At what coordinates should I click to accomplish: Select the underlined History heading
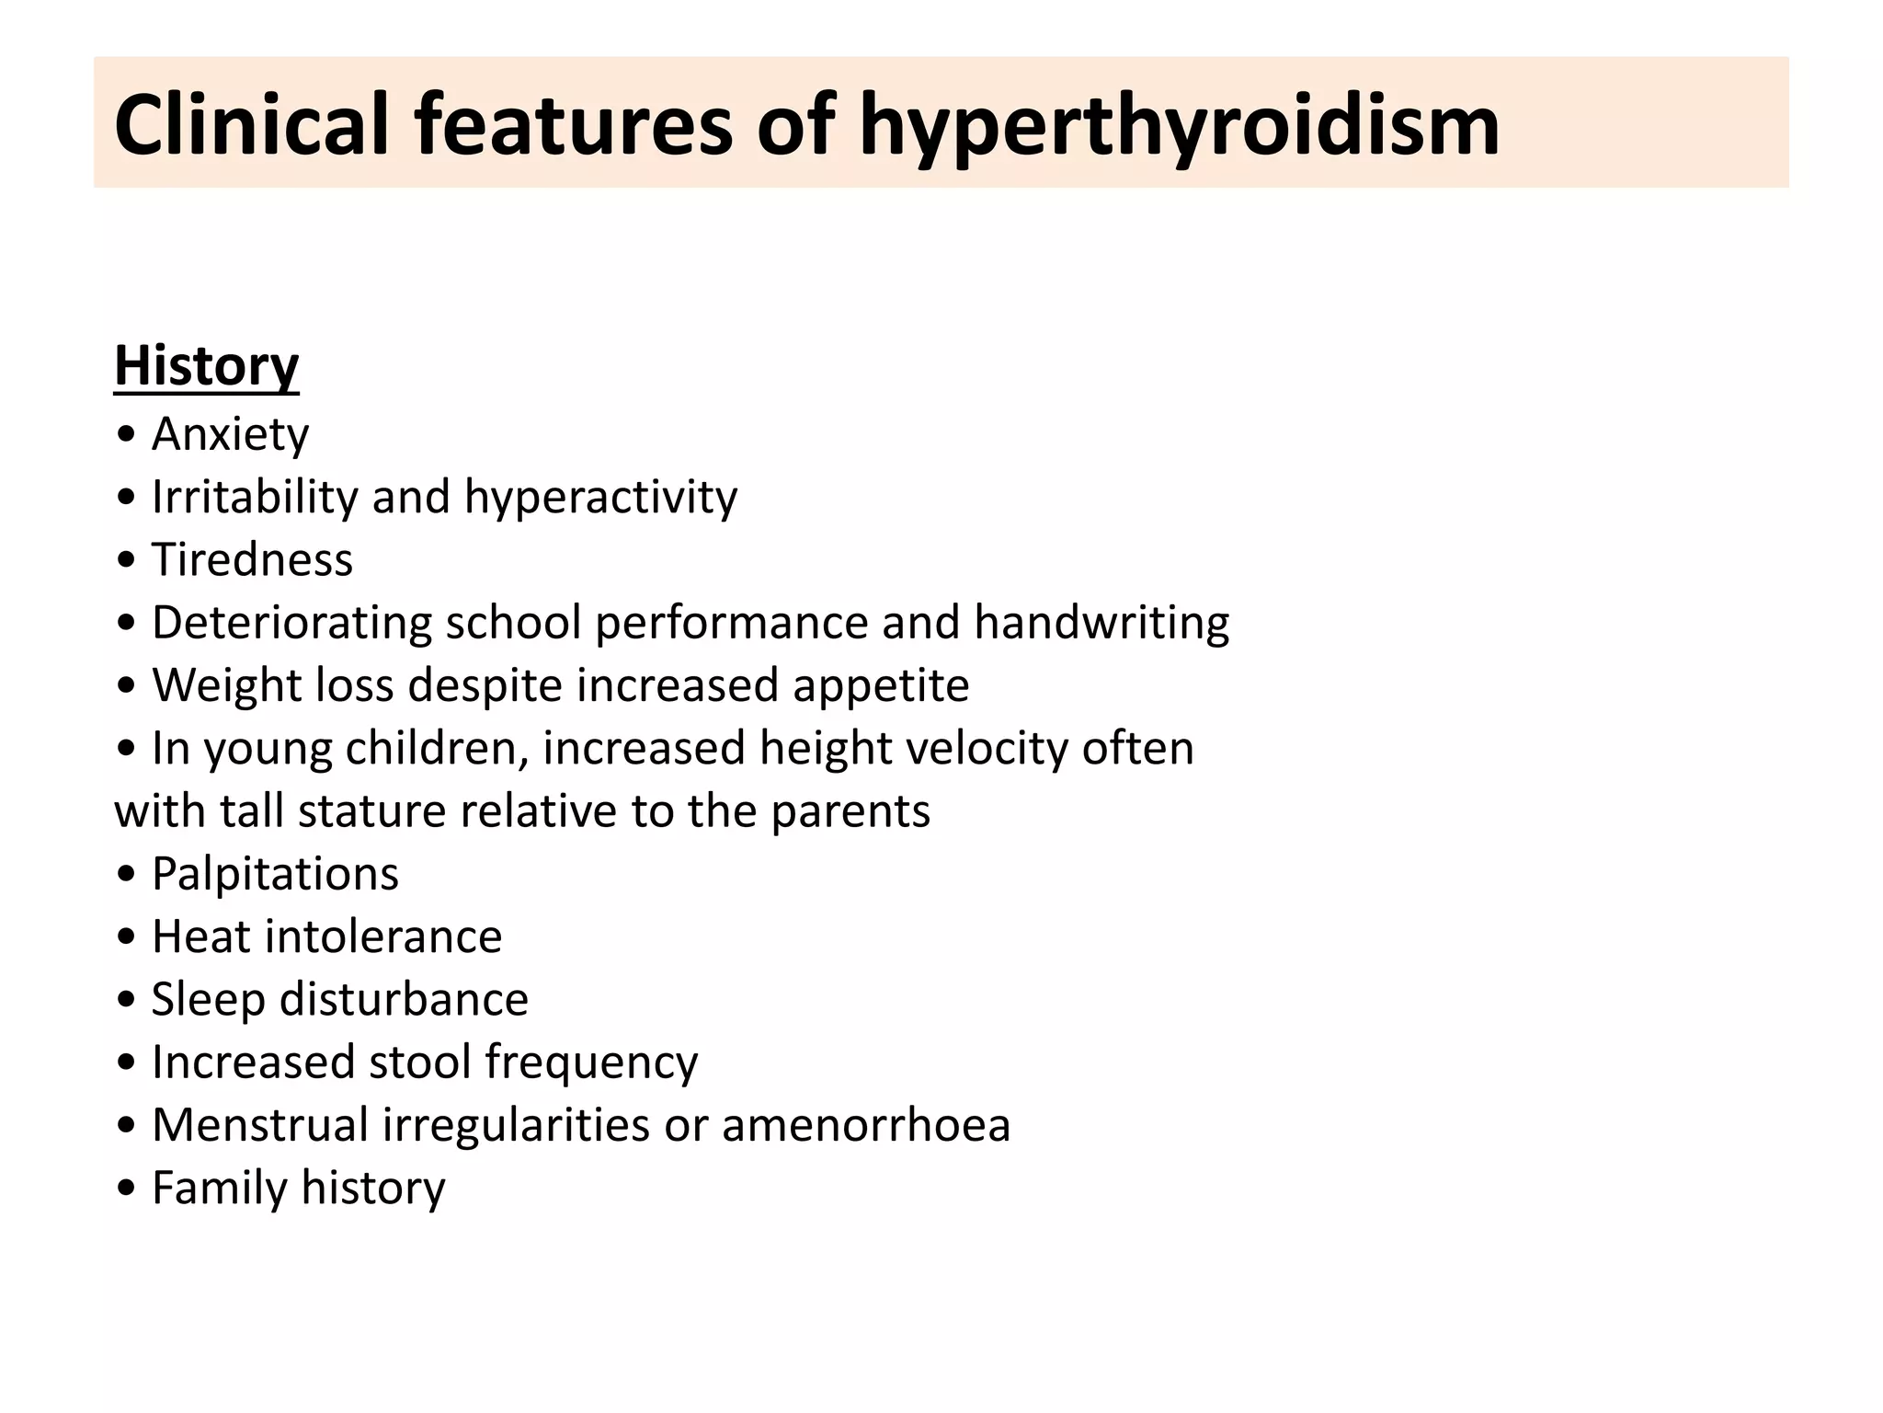click(x=206, y=366)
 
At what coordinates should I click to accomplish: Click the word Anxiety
click(x=230, y=434)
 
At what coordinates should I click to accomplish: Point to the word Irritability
click(x=255, y=497)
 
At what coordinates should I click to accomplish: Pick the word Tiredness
click(x=252, y=559)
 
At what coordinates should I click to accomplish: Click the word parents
click(x=850, y=811)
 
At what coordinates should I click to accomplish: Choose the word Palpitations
click(x=275, y=874)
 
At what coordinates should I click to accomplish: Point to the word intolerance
click(x=383, y=936)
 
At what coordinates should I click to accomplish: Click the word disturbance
click(x=404, y=1000)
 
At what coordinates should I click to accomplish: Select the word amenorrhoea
click(x=866, y=1125)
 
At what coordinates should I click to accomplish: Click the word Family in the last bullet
click(x=220, y=1188)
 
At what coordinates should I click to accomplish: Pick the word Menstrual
click(x=260, y=1125)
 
